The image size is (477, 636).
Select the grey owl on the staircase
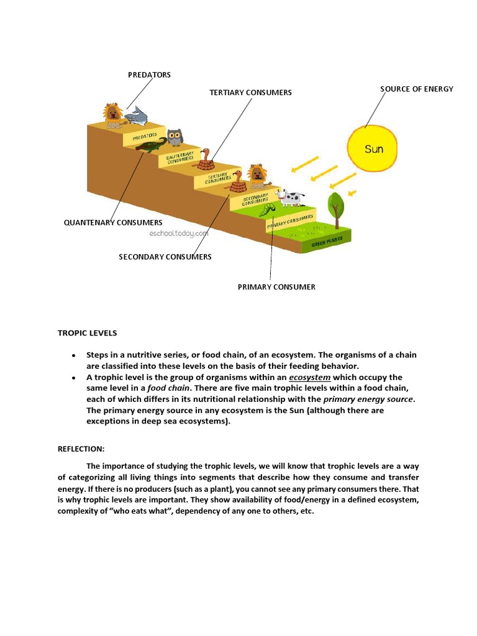tap(175, 137)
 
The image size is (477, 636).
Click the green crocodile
tap(149, 147)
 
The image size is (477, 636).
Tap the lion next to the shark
tap(112, 116)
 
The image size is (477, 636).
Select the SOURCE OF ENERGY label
tap(417, 89)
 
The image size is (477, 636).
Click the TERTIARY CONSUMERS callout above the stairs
tap(250, 93)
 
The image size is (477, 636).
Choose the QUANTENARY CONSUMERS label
tap(113, 222)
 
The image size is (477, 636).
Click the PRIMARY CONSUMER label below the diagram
tap(276, 287)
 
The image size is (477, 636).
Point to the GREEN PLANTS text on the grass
tap(327, 243)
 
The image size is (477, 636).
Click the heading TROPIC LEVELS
tap(87, 334)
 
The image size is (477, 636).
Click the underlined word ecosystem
tap(310, 378)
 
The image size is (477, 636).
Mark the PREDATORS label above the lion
tap(149, 75)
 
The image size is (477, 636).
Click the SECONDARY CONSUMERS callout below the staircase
tap(165, 257)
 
